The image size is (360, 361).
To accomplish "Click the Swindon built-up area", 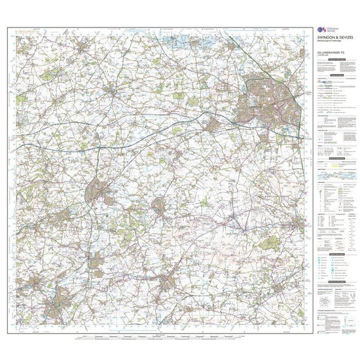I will (x=268, y=98).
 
